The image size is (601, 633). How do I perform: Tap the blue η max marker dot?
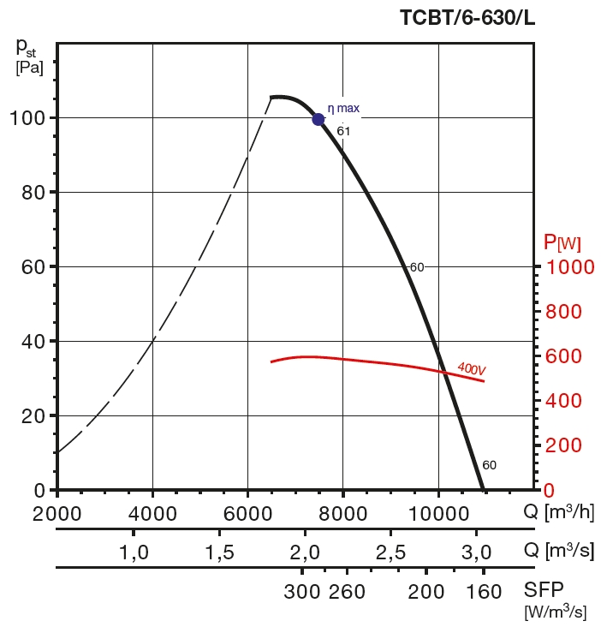(x=318, y=119)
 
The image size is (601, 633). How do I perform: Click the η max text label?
(x=343, y=109)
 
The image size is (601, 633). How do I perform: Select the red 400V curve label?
(x=471, y=368)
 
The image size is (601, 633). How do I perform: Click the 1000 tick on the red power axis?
(x=569, y=266)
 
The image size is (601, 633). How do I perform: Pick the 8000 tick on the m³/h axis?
(x=343, y=512)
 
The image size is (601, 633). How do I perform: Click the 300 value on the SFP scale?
(x=302, y=592)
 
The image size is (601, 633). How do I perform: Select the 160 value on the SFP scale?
(x=485, y=592)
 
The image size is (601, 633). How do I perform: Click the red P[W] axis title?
(x=562, y=243)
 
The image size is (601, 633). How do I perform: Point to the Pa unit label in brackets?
(x=29, y=66)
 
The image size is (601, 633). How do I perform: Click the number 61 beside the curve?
(x=343, y=131)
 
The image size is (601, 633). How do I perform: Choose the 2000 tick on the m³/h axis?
(x=57, y=512)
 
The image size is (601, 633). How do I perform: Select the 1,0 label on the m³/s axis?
(x=134, y=552)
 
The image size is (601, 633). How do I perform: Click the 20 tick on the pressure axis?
(x=34, y=415)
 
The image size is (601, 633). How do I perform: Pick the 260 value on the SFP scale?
(x=348, y=592)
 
